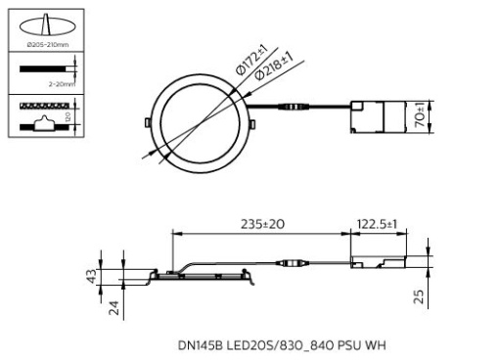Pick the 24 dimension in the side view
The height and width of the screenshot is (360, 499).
tap(113, 308)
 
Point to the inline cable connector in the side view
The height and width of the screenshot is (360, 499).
tap(294, 262)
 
